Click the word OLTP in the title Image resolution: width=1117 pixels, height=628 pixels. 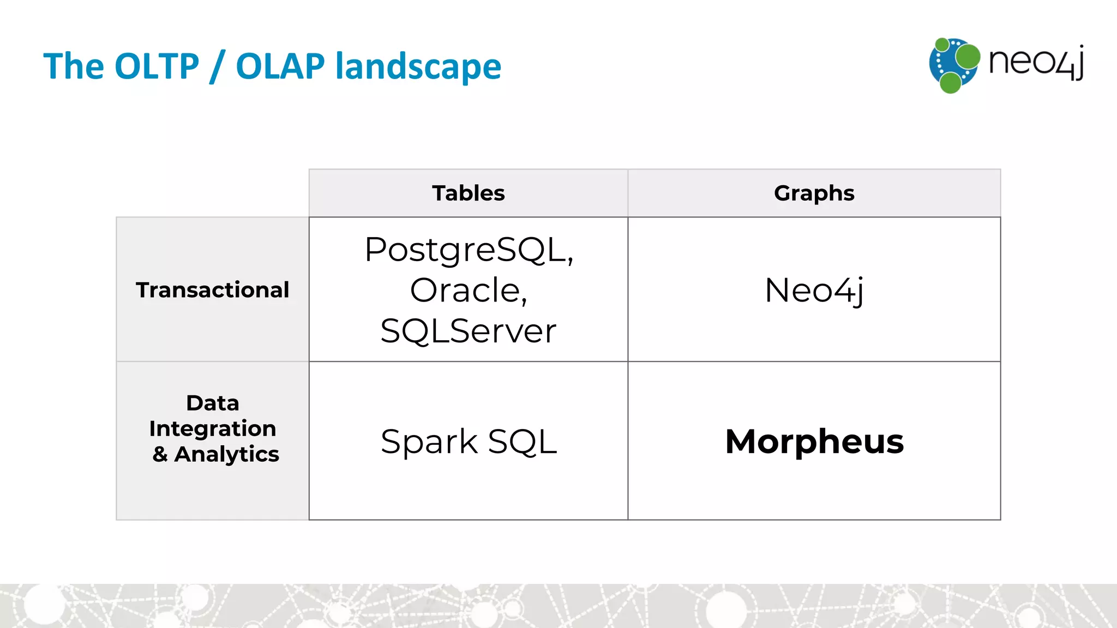[x=157, y=67]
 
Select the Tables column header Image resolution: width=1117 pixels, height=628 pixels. [x=468, y=193]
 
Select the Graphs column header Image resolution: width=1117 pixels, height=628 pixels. [x=814, y=193]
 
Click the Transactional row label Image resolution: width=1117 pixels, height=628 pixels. [x=212, y=289]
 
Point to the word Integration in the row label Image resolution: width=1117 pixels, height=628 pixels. [x=212, y=428]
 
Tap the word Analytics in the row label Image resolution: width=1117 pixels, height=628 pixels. [x=226, y=454]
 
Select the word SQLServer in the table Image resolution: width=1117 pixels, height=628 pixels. [x=468, y=330]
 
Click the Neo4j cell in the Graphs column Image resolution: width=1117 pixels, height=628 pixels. [x=814, y=290]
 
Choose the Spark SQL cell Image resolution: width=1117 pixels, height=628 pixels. [x=468, y=441]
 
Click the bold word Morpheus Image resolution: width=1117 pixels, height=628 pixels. [x=814, y=441]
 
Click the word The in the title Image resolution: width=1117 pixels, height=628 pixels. [x=73, y=67]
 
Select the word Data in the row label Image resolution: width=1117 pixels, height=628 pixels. [x=212, y=403]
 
